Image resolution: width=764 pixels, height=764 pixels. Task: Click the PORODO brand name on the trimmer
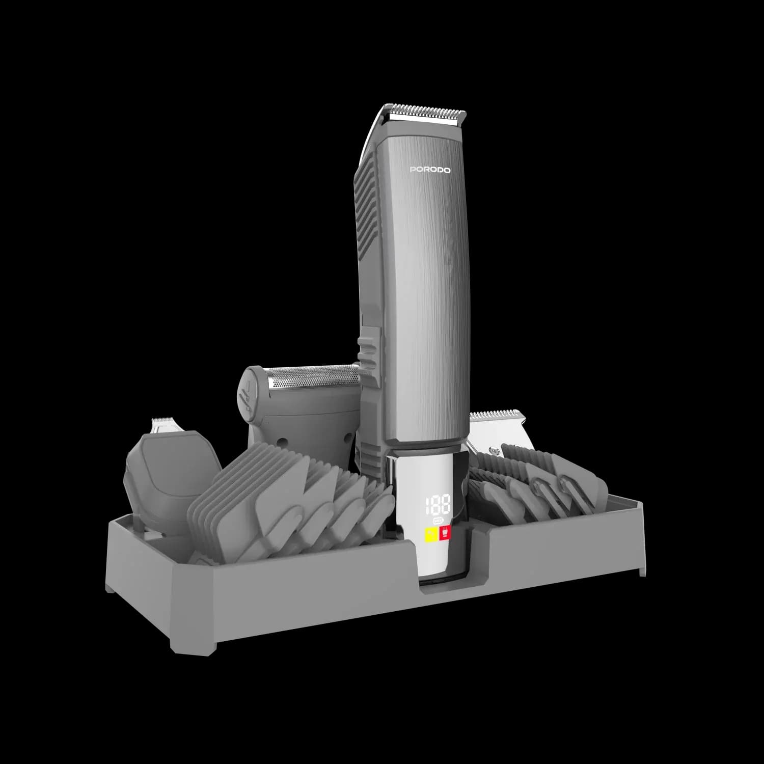pos(430,170)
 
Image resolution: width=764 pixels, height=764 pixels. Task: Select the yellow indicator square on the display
pos(430,534)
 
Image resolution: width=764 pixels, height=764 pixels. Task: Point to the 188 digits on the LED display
pos(438,504)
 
